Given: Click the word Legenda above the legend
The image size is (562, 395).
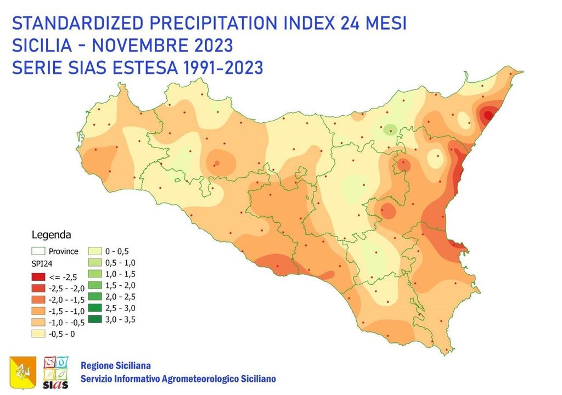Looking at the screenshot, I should (x=51, y=235).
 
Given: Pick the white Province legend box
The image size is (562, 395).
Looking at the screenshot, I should (x=38, y=252).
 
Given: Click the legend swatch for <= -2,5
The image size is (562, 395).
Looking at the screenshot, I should (x=38, y=276).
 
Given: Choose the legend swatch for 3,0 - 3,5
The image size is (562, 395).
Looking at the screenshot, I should (x=95, y=319).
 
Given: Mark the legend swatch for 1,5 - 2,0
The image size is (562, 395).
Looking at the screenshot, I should (x=95, y=285).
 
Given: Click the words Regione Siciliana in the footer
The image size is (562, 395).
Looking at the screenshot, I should (x=116, y=365).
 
